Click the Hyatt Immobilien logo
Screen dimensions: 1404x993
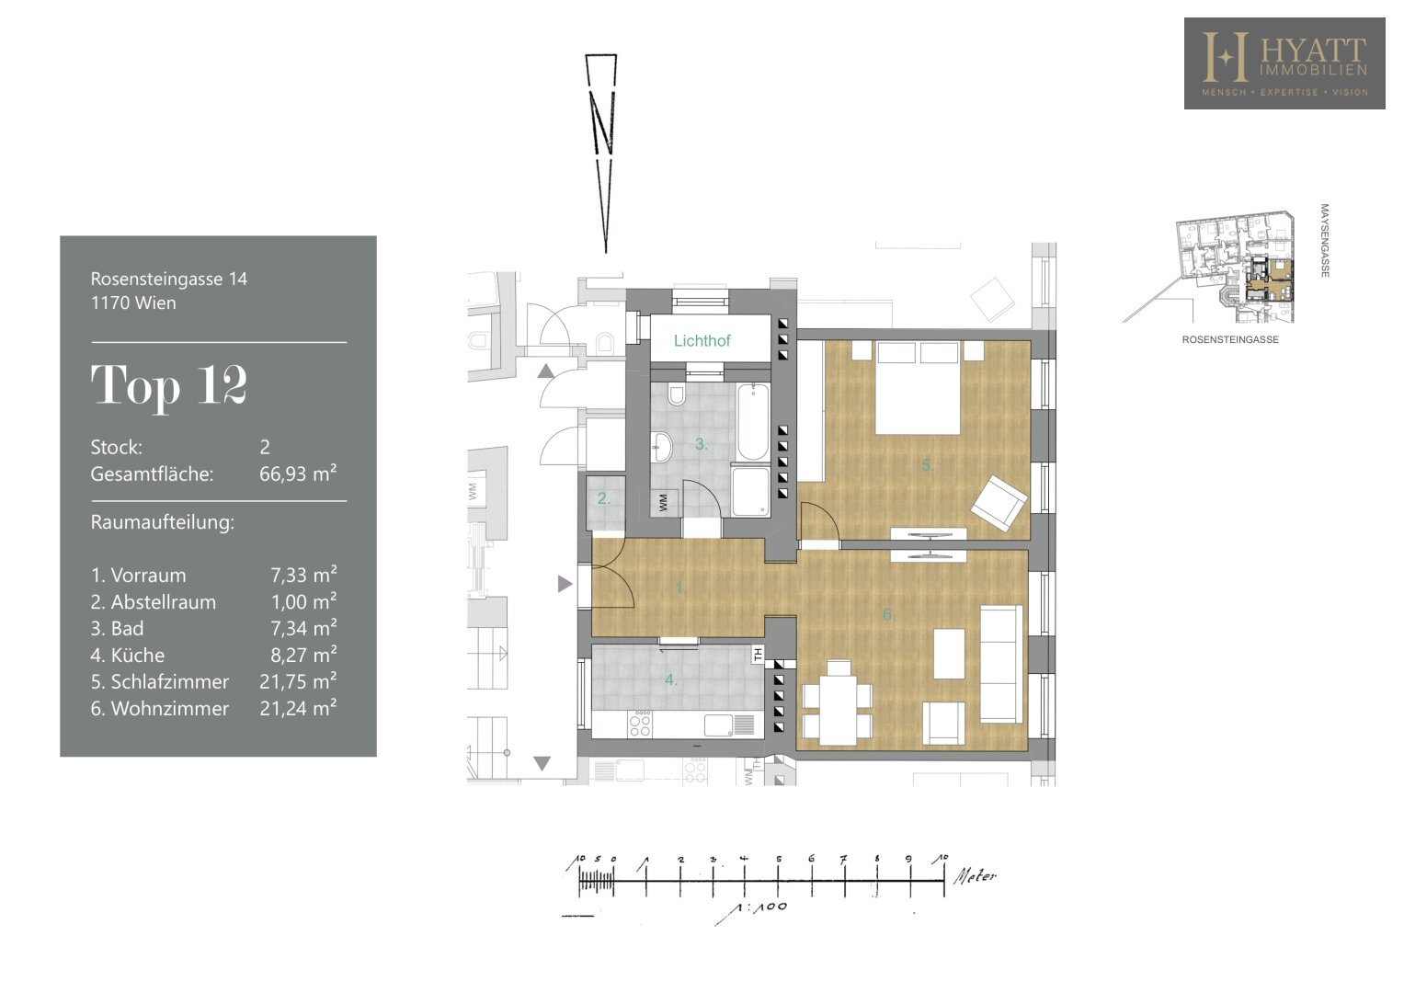click(1284, 63)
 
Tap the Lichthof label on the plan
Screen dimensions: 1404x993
click(702, 341)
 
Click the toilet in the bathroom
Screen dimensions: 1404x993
click(677, 394)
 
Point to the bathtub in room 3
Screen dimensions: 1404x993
click(753, 422)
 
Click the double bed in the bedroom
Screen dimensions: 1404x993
click(918, 387)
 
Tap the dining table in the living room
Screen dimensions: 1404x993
click(838, 702)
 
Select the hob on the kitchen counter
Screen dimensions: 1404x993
click(640, 724)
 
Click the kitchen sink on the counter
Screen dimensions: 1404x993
click(718, 725)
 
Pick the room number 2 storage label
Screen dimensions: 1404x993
click(603, 499)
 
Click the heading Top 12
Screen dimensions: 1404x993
click(169, 385)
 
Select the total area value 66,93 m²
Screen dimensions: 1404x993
click(298, 473)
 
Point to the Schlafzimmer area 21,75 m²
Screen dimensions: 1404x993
click(298, 680)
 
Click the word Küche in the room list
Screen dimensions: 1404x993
click(137, 655)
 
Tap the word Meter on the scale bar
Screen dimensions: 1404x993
click(975, 875)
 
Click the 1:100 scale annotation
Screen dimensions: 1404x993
click(762, 907)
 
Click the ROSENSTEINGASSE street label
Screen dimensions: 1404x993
click(1230, 340)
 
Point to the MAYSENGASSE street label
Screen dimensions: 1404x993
click(1324, 240)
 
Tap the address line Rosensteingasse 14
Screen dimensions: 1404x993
click(169, 279)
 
